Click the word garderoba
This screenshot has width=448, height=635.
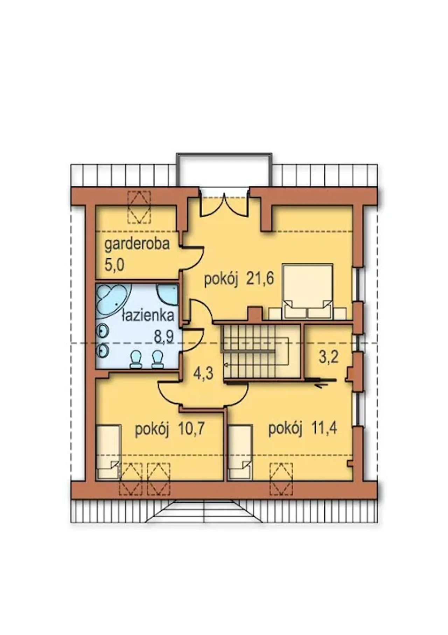137,244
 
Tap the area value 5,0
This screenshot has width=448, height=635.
114,265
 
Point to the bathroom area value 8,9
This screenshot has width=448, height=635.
164,336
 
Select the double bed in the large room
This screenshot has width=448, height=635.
307,291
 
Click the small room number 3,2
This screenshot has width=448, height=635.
329,357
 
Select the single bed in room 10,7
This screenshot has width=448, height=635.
108,452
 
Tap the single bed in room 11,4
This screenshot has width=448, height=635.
240,452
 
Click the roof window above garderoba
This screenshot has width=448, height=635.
139,207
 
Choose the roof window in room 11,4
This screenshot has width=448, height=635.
281,479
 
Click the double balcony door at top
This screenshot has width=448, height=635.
224,204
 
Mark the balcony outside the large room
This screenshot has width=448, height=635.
224,169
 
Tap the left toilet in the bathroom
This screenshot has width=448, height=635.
136,360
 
